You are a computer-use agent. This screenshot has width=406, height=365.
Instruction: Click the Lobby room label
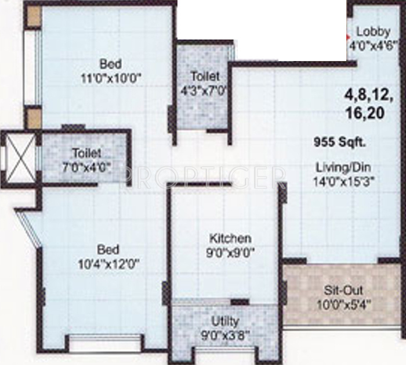click(373, 31)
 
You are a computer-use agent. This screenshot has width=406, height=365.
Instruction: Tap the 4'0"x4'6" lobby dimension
click(372, 44)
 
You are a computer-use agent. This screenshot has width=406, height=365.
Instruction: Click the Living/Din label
click(343, 168)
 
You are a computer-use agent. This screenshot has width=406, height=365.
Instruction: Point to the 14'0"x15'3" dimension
click(343, 180)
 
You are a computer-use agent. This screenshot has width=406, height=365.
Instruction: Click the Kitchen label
click(230, 238)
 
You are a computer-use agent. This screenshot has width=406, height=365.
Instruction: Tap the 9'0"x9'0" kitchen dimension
click(230, 252)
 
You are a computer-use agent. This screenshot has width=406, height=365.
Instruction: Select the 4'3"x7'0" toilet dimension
click(205, 90)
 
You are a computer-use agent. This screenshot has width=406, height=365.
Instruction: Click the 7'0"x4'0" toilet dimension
click(87, 166)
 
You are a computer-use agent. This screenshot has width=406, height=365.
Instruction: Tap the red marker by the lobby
click(349, 26)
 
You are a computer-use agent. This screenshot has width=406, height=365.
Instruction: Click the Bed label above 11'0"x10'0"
click(110, 63)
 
